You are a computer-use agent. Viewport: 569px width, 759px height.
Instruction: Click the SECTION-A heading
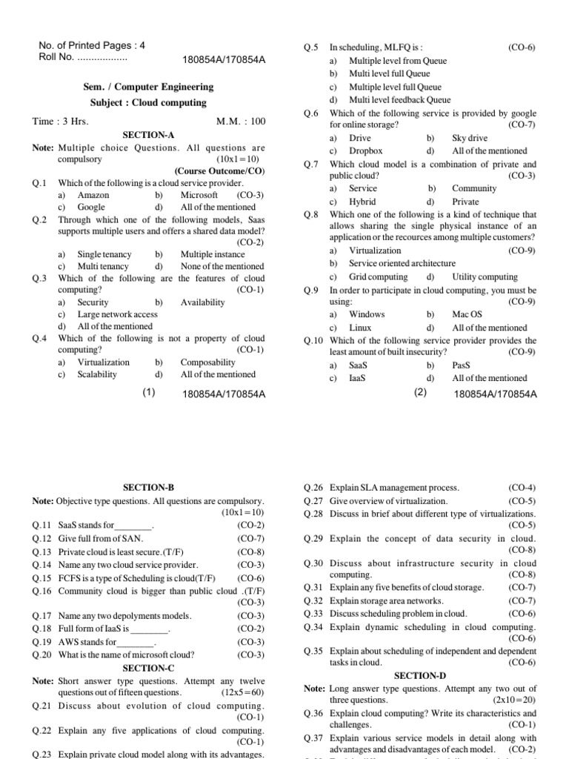148,136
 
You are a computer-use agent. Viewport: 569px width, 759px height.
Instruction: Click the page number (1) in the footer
149,394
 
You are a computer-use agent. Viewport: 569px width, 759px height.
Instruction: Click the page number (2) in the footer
422,394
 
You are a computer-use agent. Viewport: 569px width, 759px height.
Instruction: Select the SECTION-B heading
148,488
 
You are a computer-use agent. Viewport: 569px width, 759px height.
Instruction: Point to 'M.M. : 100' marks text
240,122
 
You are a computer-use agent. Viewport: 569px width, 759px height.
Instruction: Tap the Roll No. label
56,56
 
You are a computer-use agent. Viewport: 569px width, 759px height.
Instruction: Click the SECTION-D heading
420,676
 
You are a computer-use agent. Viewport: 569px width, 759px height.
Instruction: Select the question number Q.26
313,488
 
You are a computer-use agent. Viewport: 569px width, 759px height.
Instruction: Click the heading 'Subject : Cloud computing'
148,102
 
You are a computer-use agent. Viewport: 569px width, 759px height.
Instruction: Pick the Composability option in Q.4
207,362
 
